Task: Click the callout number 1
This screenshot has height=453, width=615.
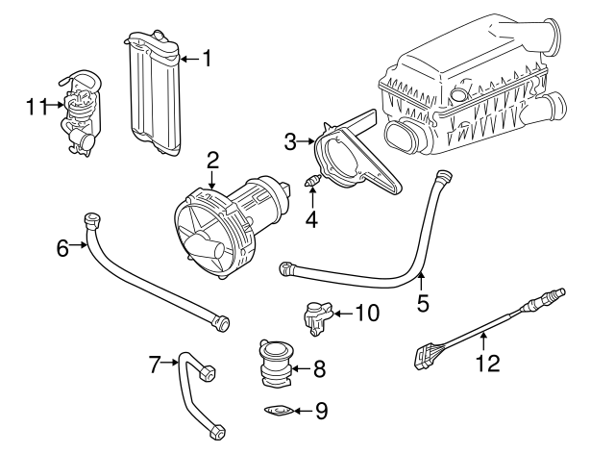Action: [x=205, y=59]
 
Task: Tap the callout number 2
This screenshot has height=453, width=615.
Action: [x=213, y=159]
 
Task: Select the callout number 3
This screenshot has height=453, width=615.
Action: [x=291, y=142]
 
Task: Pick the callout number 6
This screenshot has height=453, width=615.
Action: [x=62, y=247]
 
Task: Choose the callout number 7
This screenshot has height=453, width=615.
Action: [x=153, y=363]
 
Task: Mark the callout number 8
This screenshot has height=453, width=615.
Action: [x=321, y=367]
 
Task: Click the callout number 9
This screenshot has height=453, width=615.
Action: [x=321, y=411]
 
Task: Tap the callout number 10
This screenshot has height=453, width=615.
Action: [x=367, y=313]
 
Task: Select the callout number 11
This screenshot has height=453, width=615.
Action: [x=36, y=106]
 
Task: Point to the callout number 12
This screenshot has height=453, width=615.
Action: [x=489, y=363]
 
